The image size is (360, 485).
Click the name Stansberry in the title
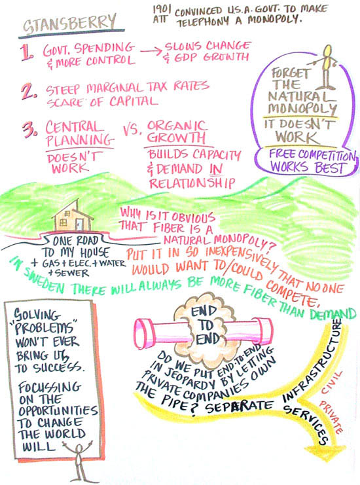69,24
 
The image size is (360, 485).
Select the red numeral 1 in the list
27,52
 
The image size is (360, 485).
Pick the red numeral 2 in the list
29,91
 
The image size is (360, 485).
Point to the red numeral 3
30,130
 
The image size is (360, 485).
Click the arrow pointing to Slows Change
151,51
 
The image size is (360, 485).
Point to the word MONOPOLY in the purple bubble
302,109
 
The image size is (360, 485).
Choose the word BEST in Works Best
330,168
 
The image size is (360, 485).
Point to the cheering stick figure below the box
79,461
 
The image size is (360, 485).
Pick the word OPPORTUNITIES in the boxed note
58,410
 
